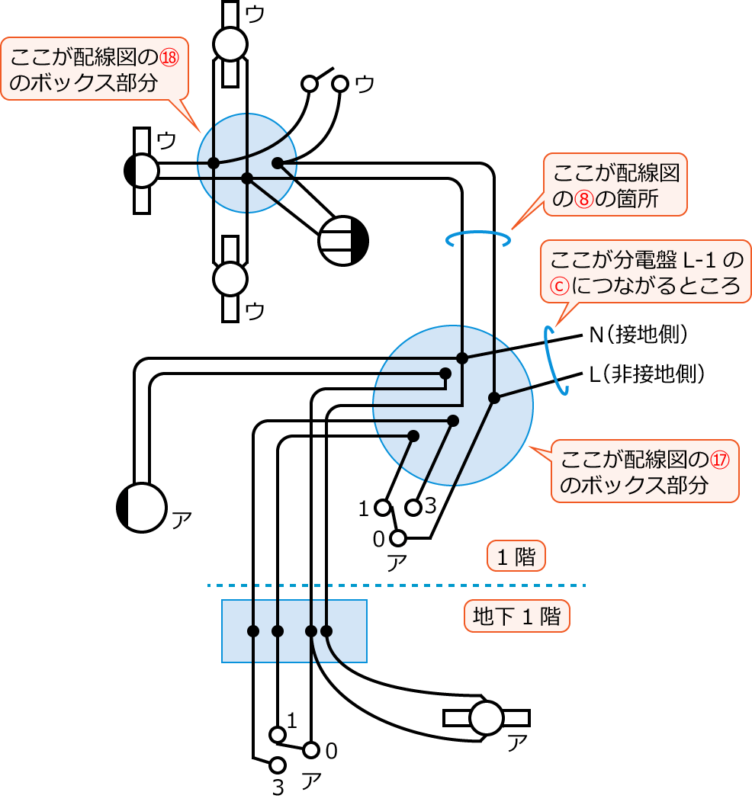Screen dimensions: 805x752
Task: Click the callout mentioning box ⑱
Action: point(95,69)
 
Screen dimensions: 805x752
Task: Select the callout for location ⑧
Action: point(615,184)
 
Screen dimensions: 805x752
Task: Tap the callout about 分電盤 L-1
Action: point(645,272)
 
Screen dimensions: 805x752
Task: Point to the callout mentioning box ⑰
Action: point(645,471)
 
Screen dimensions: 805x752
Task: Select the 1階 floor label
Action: point(516,557)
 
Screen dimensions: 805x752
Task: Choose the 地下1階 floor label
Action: point(517,616)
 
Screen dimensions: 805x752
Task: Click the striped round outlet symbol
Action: point(343,240)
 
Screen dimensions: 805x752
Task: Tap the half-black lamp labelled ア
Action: point(141,507)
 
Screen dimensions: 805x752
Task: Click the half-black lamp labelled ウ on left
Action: point(141,171)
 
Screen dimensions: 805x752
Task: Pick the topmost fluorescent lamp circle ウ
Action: point(230,43)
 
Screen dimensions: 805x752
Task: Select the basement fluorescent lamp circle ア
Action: point(486,718)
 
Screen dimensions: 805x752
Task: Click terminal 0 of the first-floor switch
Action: point(397,538)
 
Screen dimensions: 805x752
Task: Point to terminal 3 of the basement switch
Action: point(278,764)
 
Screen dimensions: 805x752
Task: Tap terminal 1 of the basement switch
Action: point(278,734)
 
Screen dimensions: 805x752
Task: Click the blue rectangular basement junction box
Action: point(294,630)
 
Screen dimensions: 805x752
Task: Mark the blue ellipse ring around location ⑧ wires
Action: point(478,240)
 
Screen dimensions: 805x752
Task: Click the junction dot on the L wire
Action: point(493,397)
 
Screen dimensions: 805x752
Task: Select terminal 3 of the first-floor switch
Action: point(413,507)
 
